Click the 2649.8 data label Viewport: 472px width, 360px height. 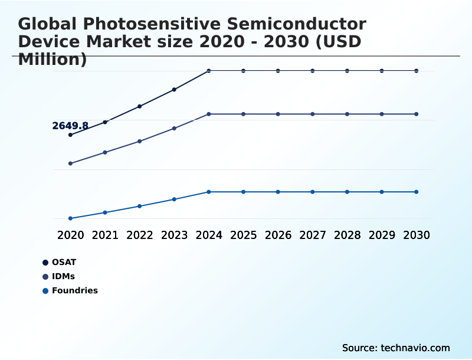(70, 126)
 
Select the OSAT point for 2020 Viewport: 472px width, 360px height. (70, 135)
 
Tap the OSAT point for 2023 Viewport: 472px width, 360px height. (174, 90)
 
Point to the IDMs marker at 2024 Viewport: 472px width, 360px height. (209, 114)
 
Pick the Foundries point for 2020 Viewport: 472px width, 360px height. (70, 218)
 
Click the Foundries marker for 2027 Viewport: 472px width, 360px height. (313, 192)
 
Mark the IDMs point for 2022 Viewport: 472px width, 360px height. (140, 141)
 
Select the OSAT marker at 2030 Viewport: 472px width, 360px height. (417, 71)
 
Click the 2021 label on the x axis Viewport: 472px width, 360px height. (105, 235)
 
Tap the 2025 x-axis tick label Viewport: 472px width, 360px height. (243, 235)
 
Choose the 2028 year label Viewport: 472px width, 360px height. (347, 235)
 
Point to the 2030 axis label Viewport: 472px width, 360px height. (417, 235)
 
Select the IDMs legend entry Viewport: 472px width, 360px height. (63, 276)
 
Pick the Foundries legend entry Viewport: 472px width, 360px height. (74, 290)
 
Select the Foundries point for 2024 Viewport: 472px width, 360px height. (209, 192)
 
